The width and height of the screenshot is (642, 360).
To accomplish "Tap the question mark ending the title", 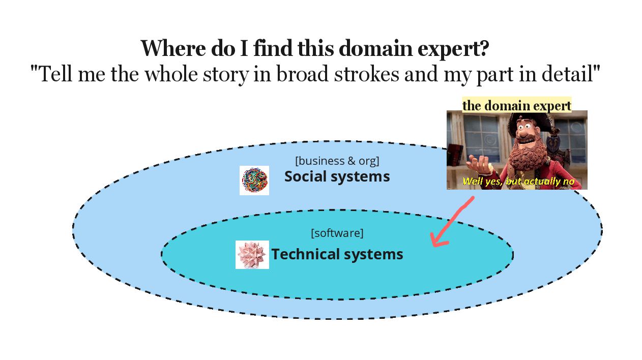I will pos(484,49).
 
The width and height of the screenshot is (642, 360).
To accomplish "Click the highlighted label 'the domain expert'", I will pos(516,105).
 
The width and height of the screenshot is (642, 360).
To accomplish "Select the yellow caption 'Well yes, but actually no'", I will pos(518,182).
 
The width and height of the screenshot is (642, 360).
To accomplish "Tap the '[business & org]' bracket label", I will pos(337,161).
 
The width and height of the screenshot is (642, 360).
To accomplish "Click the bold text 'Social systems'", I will pos(337,176).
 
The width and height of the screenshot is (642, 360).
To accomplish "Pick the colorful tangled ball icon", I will pos(254,181).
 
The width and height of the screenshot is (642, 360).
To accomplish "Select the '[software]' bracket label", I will pos(337,233).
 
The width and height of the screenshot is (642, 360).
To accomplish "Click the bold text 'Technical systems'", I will pos(337,254).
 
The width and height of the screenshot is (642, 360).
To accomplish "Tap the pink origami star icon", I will pos(252,254).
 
